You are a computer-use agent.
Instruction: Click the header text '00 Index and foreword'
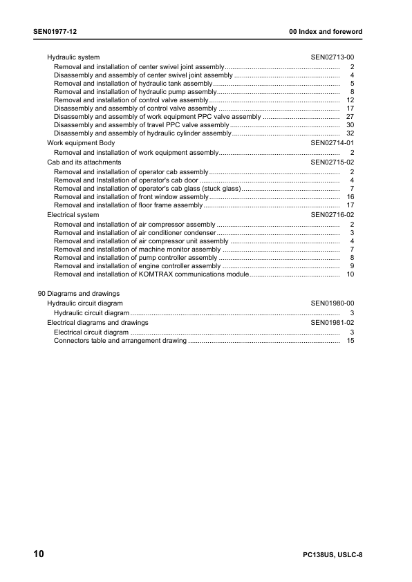pos(325,32)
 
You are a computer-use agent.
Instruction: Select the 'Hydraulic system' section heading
pos(73,57)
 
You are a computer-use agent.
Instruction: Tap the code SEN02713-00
pos(333,57)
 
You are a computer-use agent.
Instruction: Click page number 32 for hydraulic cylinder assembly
pos(350,133)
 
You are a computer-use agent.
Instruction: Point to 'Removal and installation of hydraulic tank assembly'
pos(133,83)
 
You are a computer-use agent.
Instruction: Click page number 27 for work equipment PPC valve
pos(350,117)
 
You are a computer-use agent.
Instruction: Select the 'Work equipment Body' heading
pos(81,142)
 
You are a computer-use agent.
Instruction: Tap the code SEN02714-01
pos(333,142)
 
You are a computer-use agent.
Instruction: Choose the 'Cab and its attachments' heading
pos(84,162)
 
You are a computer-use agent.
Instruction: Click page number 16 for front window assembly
pos(350,197)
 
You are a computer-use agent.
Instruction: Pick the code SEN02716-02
pos(333,215)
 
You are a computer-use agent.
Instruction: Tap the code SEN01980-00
pos(333,303)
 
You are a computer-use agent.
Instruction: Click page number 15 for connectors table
pos(350,341)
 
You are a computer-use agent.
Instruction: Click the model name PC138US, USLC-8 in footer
pos(333,556)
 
